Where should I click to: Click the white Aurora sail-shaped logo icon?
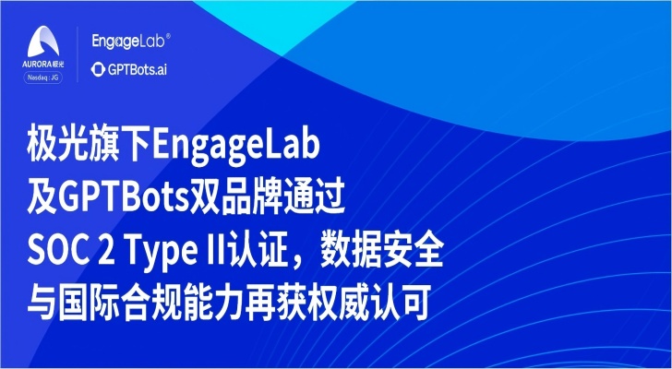pyautogui.click(x=43, y=42)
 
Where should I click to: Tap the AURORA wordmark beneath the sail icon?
pyautogui.click(x=37, y=64)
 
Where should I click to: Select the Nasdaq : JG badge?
pyautogui.click(x=42, y=77)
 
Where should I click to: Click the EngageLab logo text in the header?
pyautogui.click(x=127, y=42)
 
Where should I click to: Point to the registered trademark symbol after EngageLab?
pyautogui.click(x=168, y=37)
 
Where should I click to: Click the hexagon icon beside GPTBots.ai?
pyautogui.click(x=98, y=70)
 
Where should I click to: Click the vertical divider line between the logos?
pyautogui.click(x=78, y=54)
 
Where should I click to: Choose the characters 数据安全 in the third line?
pyautogui.click(x=379, y=253)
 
